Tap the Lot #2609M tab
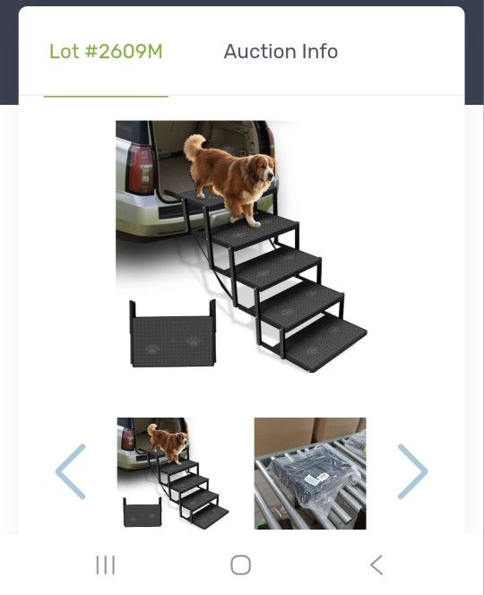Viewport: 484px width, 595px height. (106, 52)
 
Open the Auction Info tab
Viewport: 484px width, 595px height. (281, 52)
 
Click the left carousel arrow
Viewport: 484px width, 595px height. (71, 471)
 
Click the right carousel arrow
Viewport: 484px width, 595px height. (412, 471)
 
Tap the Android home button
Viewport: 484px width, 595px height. (241, 565)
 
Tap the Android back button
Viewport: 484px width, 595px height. (376, 565)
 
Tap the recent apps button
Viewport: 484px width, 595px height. (106, 565)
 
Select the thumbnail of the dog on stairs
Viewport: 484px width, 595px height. (173, 473)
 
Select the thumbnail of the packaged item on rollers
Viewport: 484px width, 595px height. (310, 473)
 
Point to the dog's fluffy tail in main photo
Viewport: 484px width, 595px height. (194, 146)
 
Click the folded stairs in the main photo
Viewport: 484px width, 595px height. (173, 334)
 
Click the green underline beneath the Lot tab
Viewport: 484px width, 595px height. (106, 97)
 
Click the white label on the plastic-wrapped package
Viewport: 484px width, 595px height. (313, 479)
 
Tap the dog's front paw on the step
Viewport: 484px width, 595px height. (255, 223)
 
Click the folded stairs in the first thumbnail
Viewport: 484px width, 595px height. (143, 513)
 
